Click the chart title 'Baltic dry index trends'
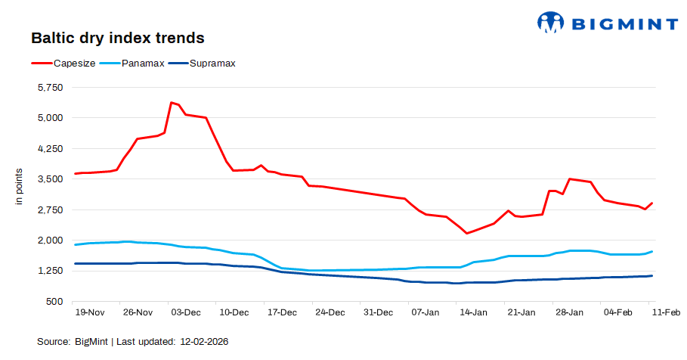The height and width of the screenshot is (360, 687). click(117, 38)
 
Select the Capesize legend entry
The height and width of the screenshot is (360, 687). click(73, 64)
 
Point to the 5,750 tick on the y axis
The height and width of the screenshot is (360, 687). click(51, 88)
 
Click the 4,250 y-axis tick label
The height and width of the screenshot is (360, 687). click(51, 149)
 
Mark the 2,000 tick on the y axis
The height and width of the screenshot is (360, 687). click(51, 241)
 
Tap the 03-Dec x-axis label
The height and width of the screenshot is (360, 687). click(185, 312)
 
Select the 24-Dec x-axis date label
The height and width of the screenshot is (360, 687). click(330, 312)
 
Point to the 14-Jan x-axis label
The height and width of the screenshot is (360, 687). click(473, 312)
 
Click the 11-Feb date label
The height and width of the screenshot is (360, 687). click(665, 312)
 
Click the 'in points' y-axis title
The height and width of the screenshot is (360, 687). click(20, 188)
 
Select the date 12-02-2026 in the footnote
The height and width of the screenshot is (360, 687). click(204, 342)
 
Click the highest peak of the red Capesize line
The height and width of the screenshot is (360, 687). click(172, 102)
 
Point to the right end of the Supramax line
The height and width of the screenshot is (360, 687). click(651, 276)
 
